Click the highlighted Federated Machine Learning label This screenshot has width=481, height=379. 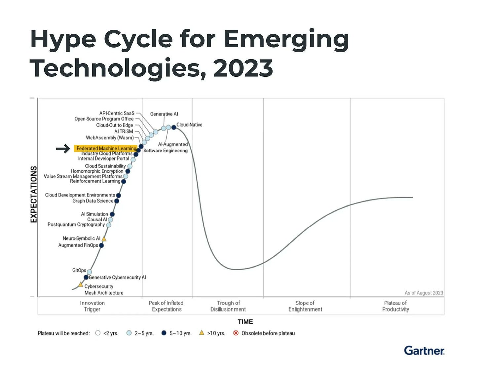click(x=106, y=148)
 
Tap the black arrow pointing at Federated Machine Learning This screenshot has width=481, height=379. click(x=63, y=149)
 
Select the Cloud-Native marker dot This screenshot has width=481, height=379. click(x=174, y=127)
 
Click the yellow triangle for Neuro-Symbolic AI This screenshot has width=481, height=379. click(x=104, y=239)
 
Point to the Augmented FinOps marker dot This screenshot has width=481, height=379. click(x=101, y=245)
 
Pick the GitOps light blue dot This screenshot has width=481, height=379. click(x=89, y=272)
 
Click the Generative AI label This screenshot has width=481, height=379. click(x=164, y=114)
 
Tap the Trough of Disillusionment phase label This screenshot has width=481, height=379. click(x=228, y=306)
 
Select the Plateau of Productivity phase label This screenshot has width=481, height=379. click(x=395, y=306)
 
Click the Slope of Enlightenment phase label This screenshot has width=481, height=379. click(x=305, y=306)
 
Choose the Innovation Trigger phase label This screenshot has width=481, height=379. click(x=92, y=306)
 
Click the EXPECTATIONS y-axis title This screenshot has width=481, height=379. click(x=33, y=194)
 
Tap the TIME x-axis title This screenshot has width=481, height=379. click(x=245, y=321)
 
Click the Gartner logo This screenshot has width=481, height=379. click(x=424, y=351)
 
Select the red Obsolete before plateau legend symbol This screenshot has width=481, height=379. click(x=236, y=333)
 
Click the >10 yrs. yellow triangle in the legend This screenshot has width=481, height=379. click(x=202, y=333)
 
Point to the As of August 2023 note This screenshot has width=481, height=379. click(x=424, y=293)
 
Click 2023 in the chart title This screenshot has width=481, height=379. click(x=243, y=68)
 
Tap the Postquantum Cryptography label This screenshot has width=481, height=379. click(x=76, y=225)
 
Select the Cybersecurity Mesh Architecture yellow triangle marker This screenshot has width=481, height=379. click(x=81, y=284)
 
